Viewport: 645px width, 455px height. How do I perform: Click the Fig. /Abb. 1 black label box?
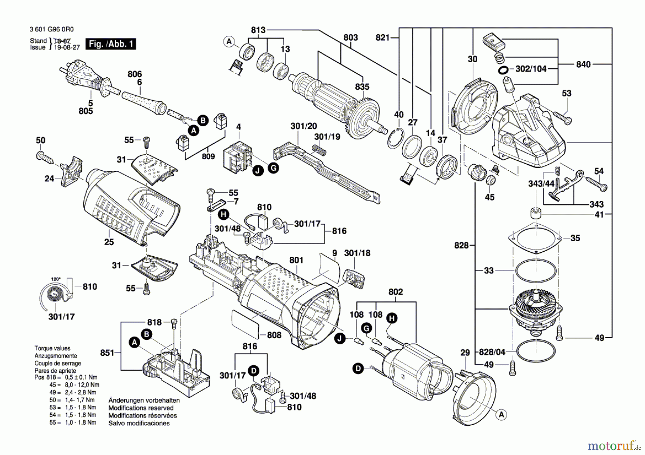(110, 44)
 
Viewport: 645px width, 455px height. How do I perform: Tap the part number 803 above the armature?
(350, 37)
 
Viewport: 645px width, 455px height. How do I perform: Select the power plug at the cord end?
(86, 78)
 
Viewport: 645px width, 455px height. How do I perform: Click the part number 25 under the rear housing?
(109, 242)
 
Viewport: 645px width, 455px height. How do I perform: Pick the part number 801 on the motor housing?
(296, 260)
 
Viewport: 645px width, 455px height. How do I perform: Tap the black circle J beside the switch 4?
(257, 171)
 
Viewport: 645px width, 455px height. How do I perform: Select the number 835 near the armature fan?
(362, 87)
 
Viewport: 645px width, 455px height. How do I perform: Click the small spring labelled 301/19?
(319, 150)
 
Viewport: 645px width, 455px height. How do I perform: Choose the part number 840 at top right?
(583, 64)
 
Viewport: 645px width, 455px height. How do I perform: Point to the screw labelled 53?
(562, 118)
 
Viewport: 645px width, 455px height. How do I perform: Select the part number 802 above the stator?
(395, 292)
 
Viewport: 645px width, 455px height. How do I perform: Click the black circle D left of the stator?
(358, 368)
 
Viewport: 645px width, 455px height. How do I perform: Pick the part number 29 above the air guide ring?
(465, 353)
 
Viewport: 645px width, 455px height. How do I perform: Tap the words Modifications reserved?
(141, 408)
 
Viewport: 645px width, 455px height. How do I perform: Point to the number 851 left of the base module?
(107, 353)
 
